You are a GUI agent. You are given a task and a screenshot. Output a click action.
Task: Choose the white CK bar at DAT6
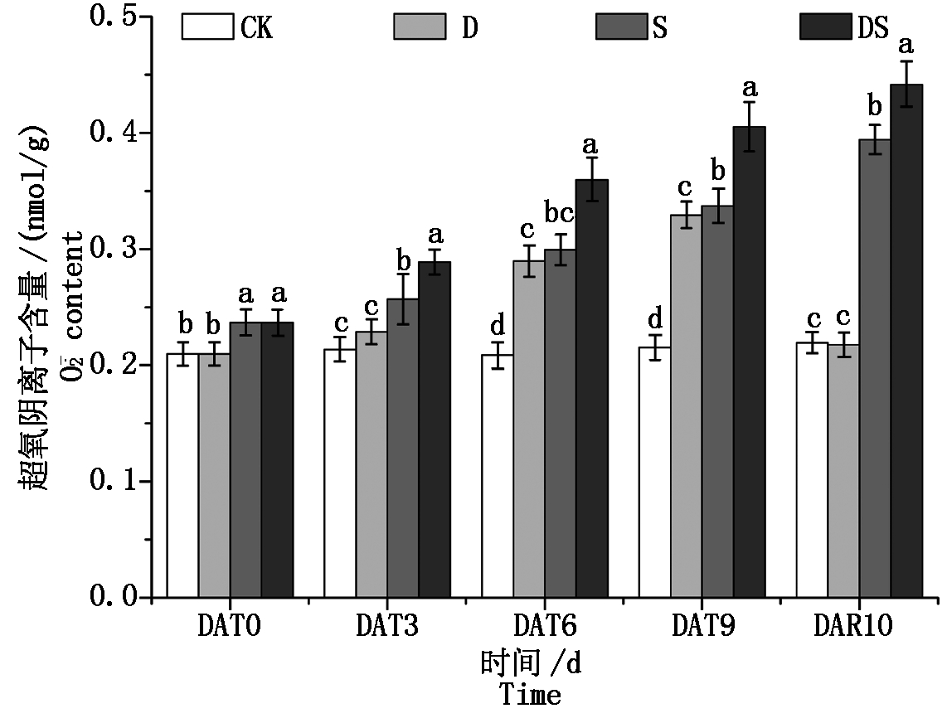coord(497,476)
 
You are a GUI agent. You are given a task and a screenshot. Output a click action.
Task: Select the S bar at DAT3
coord(402,448)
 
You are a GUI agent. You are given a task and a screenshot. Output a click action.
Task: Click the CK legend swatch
coord(207,27)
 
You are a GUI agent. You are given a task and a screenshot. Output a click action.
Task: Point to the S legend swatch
coord(621,27)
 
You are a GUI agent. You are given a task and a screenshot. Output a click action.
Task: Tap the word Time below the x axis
coord(530,695)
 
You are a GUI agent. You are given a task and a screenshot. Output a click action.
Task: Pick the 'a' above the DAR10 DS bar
coord(906,44)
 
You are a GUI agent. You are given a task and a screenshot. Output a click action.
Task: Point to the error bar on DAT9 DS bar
coord(749,126)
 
